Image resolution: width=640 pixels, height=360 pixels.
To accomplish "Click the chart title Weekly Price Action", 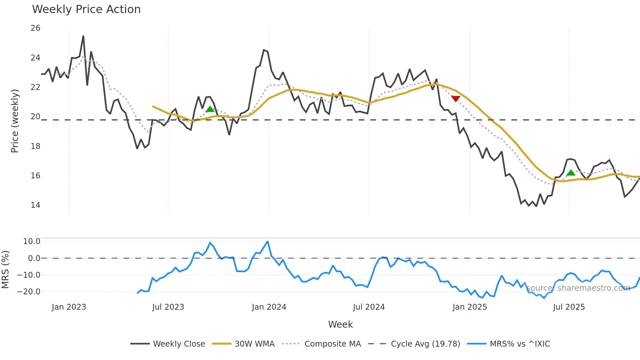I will [x=86, y=9].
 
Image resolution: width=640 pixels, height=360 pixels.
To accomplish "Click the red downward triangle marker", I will [x=456, y=98].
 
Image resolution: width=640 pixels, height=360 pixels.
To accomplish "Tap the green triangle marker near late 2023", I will [x=210, y=109].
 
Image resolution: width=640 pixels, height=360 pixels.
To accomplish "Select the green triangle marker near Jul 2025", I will [x=571, y=172].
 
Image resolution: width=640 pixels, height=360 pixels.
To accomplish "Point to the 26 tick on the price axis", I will [x=35, y=28].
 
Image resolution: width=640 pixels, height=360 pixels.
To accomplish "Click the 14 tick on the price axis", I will [x=35, y=205].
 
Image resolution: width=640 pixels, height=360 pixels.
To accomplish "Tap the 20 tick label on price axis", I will [x=35, y=117].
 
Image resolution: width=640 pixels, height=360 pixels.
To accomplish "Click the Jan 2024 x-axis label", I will [x=269, y=307].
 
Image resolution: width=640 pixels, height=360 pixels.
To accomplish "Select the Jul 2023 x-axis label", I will [x=168, y=307].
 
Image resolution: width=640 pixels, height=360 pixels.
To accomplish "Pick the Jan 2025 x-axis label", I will [x=470, y=307].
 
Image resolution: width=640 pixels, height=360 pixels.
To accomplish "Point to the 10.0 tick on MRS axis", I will [x=32, y=241].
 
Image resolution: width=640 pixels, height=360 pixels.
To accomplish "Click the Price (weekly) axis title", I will [x=15, y=121].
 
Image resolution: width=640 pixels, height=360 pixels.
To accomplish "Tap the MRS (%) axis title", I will [x=6, y=270].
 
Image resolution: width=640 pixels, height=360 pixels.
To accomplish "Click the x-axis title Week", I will [x=340, y=324].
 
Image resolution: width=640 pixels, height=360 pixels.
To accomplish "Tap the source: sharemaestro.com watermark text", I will [x=578, y=288].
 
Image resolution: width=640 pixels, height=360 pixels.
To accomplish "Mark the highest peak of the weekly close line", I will [x=83, y=36].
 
